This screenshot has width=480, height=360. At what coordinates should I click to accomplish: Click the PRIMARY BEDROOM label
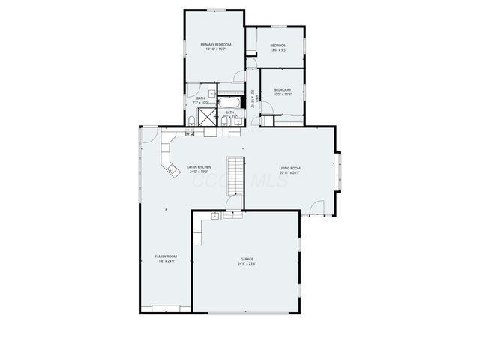click(x=215, y=45)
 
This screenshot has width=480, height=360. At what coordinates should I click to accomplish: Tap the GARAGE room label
click(x=247, y=259)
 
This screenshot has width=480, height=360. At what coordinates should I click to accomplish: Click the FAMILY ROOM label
click(x=166, y=256)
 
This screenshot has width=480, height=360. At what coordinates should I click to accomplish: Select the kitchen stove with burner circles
click(x=190, y=133)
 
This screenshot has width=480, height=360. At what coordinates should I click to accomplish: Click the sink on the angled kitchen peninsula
click(x=172, y=170)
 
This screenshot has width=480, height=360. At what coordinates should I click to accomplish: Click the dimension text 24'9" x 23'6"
click(x=247, y=264)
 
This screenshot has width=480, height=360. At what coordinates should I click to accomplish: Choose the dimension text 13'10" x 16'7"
click(x=215, y=50)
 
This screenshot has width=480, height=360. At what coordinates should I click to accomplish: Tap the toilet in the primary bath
click(x=193, y=120)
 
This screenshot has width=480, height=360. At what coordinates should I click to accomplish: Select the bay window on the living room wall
click(x=339, y=169)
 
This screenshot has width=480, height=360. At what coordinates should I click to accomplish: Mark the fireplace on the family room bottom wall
click(x=166, y=307)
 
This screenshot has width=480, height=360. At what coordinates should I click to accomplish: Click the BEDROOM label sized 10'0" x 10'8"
click(x=282, y=90)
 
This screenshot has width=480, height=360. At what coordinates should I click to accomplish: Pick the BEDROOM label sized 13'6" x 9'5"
click(x=279, y=46)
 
